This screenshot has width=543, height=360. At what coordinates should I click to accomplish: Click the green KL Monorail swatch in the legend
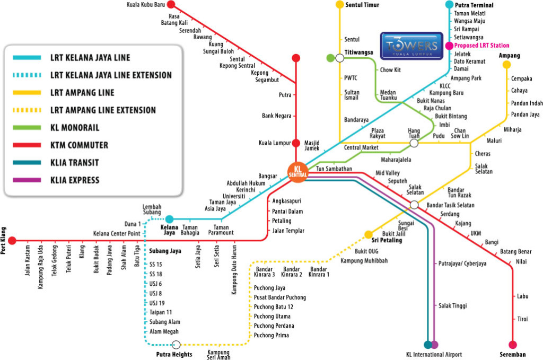pyautogui.click(x=23, y=128)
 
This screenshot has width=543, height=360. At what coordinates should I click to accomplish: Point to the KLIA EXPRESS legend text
pyautogui.click(x=74, y=180)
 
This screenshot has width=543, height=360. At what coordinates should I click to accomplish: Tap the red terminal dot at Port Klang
pyautogui.click(x=12, y=240)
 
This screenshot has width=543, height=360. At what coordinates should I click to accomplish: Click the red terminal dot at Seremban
pyautogui.click(x=512, y=344)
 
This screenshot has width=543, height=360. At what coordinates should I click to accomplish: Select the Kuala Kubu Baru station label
pyautogui.click(x=145, y=5)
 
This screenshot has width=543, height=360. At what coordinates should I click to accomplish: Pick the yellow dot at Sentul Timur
pyautogui.click(x=339, y=5)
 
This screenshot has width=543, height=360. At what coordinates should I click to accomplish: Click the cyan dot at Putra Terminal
pyautogui.click(x=450, y=5)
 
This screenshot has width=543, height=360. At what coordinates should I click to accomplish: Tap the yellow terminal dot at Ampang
pyautogui.click(x=506, y=65)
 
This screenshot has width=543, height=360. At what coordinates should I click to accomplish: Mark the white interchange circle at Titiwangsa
pyautogui.click(x=339, y=58)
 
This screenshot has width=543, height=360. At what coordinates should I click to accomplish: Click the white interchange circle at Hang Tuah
pyautogui.click(x=414, y=143)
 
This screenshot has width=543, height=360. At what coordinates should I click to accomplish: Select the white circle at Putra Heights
pyautogui.click(x=177, y=345)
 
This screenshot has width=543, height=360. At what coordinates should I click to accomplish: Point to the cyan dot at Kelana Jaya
pyautogui.click(x=169, y=219)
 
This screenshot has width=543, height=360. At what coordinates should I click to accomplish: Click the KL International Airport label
pyautogui.click(x=431, y=355)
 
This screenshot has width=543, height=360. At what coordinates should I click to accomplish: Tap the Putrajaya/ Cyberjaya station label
pyautogui.click(x=462, y=263)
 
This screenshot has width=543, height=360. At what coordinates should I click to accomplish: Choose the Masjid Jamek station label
pyautogui.click(x=312, y=146)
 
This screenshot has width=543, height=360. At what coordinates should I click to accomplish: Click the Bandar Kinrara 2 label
pyautogui.click(x=292, y=272)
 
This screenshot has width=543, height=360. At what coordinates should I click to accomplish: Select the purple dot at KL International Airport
pyautogui.click(x=435, y=345)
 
